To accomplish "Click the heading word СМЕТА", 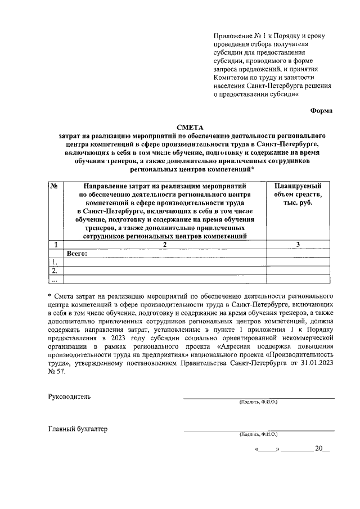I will tap(189, 127).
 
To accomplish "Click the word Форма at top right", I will tap(321, 110).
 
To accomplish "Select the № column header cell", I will tap(55, 186).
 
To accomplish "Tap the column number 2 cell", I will tap(165, 245).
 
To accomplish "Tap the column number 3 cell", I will tap(298, 245).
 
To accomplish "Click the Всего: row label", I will tap(76, 254).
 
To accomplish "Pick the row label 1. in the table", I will tap(55, 262).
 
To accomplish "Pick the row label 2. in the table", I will tap(55, 271).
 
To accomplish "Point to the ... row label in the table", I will tap(55, 280).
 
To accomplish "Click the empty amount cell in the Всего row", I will tap(298, 254).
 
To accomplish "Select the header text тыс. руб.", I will tap(298, 202).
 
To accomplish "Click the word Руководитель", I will tap(69, 397).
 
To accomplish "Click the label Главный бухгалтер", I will tap(78, 430).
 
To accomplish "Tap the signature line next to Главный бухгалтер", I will tap(258, 430).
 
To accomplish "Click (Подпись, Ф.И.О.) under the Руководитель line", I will tap(258, 402).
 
